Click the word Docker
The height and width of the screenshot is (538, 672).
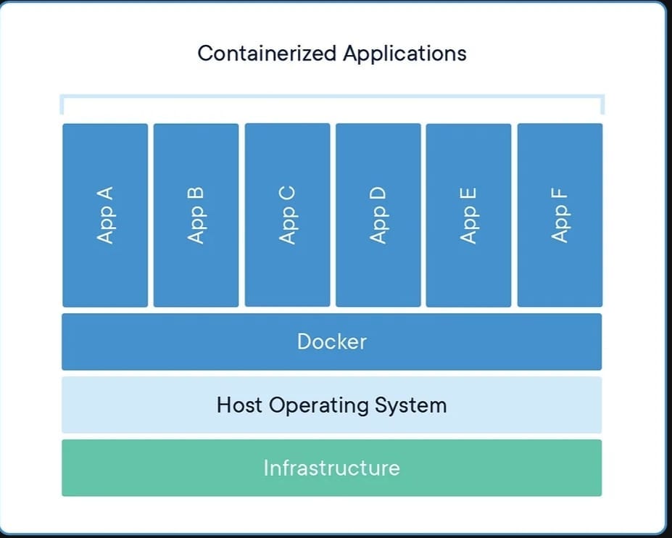pos(332,342)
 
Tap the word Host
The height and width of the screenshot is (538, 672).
pos(241,405)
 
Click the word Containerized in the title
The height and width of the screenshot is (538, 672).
pos(267,54)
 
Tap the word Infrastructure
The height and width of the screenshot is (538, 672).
pos(331,468)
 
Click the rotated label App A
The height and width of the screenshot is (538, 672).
pos(105,215)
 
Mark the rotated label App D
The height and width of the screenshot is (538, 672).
pos(378,215)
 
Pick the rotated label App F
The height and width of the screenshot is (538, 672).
pos(560,215)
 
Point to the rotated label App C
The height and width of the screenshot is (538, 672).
pos(287,215)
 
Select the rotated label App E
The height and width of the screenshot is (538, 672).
pos(468,215)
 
